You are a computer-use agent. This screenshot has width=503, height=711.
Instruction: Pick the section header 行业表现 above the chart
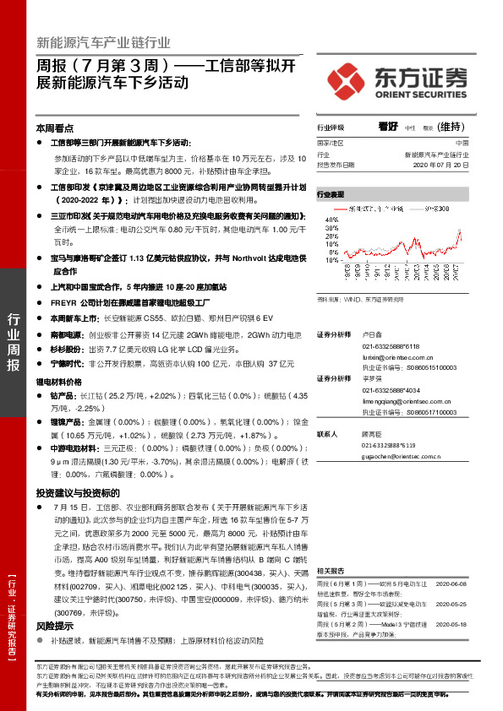point(331,194)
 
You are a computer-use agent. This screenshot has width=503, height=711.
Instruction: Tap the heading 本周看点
point(54,128)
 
